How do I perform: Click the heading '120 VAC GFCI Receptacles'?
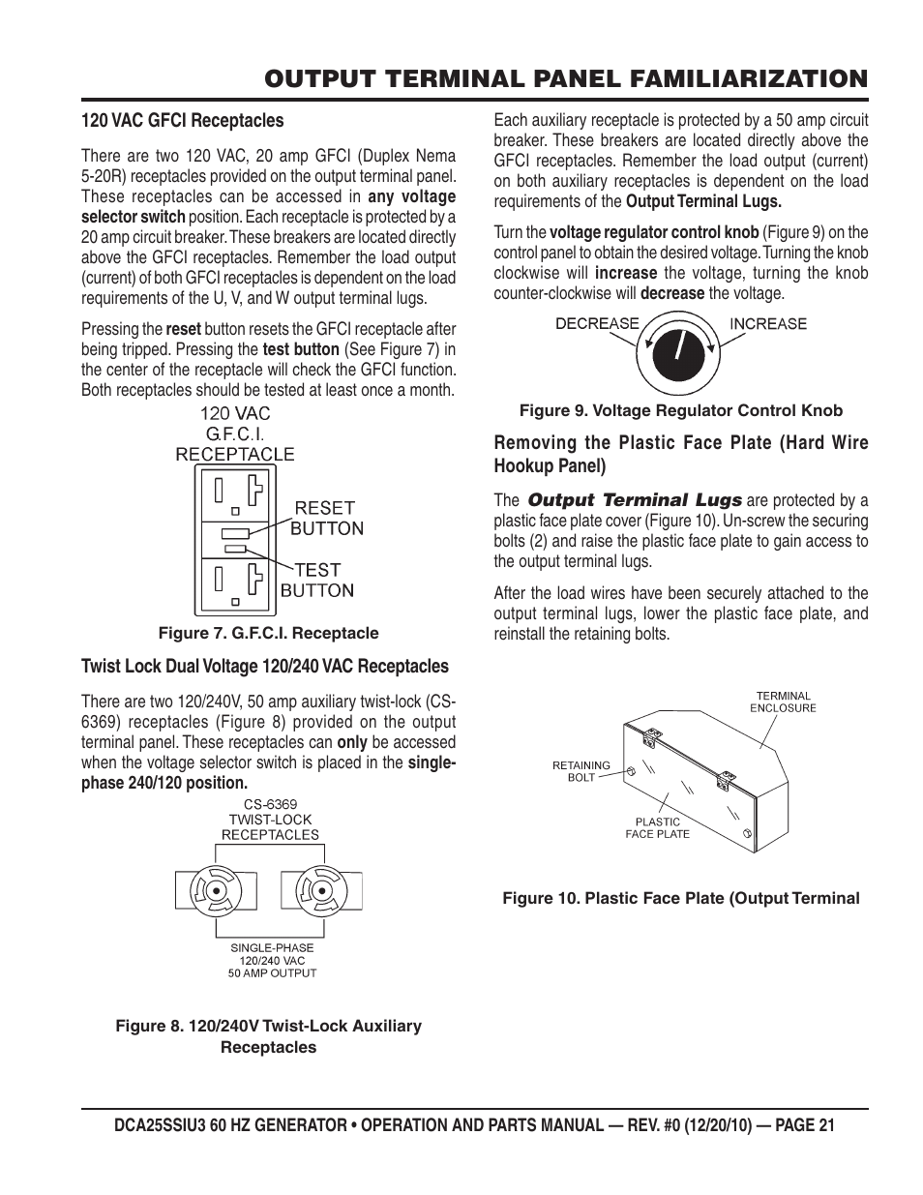click(x=182, y=121)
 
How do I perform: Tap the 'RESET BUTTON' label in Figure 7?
click(x=326, y=518)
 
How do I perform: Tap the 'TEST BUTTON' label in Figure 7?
click(x=317, y=581)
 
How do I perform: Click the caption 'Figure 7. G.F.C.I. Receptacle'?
click(x=268, y=633)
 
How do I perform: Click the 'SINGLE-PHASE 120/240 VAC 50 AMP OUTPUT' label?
click(x=273, y=960)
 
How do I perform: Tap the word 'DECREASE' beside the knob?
click(x=597, y=323)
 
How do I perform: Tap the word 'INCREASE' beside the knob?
click(x=767, y=323)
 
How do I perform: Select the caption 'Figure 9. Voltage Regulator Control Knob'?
click(x=681, y=410)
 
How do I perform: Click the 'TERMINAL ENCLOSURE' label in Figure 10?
click(x=783, y=702)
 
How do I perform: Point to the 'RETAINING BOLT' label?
click(x=581, y=771)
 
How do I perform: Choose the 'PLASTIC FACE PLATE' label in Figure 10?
click(x=657, y=827)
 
